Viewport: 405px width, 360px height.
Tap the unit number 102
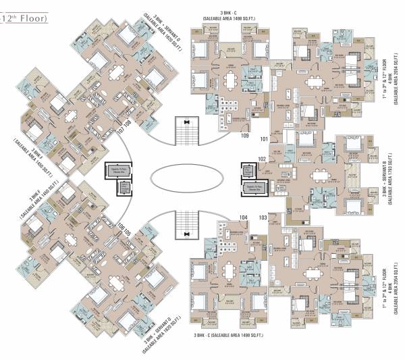(261, 160)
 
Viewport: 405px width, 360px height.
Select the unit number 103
(263, 217)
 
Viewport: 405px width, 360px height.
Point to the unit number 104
(244, 217)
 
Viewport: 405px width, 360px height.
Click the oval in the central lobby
(184, 179)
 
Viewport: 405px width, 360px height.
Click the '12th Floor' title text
(25, 20)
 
